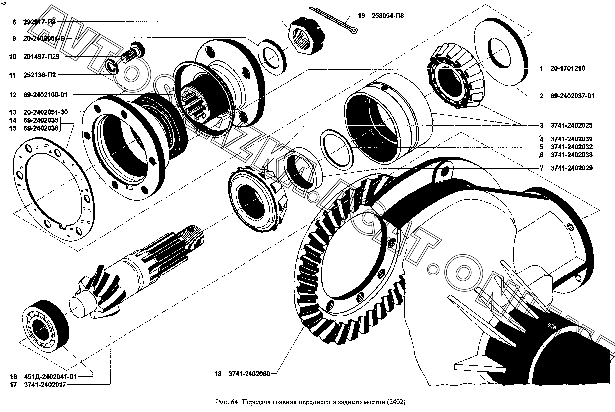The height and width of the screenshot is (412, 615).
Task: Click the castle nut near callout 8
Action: coord(305,36)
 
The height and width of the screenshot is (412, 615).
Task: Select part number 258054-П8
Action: coord(387,16)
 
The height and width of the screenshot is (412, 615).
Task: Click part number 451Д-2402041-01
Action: coord(51,377)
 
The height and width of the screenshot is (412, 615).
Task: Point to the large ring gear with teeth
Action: coord(349,259)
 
